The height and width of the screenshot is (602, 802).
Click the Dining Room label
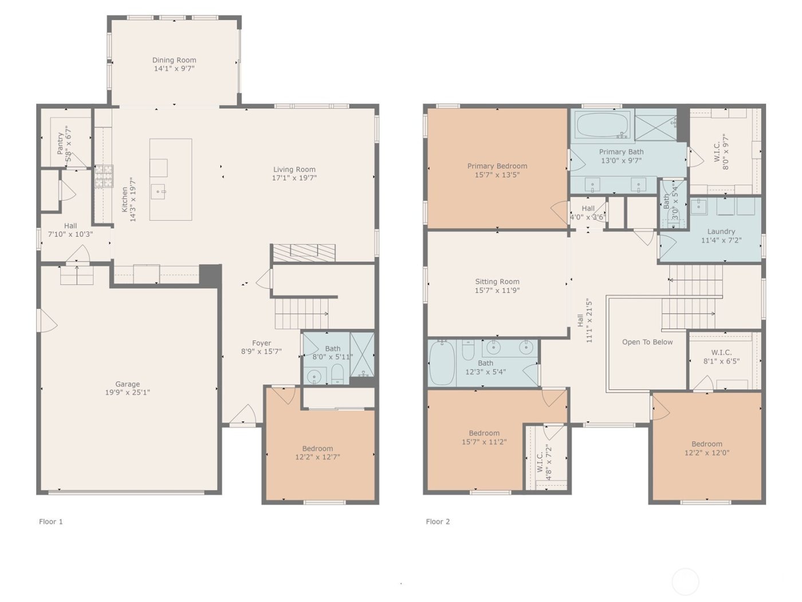174,60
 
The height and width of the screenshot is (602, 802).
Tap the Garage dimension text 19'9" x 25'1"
127,393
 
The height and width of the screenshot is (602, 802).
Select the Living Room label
294,170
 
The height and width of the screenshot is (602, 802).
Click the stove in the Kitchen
104,177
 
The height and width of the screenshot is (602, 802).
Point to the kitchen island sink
159,191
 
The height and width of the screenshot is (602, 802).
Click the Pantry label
60,143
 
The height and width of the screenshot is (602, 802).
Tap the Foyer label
261,343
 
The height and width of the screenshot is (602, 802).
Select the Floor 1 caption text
51,522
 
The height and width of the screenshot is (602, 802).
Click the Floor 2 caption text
438,522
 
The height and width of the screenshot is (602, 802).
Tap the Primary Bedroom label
497,166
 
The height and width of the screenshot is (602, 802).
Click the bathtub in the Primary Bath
603,125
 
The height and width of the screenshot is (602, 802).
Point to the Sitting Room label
497,282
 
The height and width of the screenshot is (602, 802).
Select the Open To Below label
647,342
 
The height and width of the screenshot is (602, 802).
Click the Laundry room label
721,232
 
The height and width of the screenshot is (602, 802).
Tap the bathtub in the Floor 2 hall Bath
441,363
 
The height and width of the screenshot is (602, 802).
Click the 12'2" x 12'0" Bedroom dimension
706,453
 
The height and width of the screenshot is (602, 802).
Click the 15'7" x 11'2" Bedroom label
483,433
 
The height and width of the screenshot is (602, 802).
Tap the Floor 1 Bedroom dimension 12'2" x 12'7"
317,458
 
